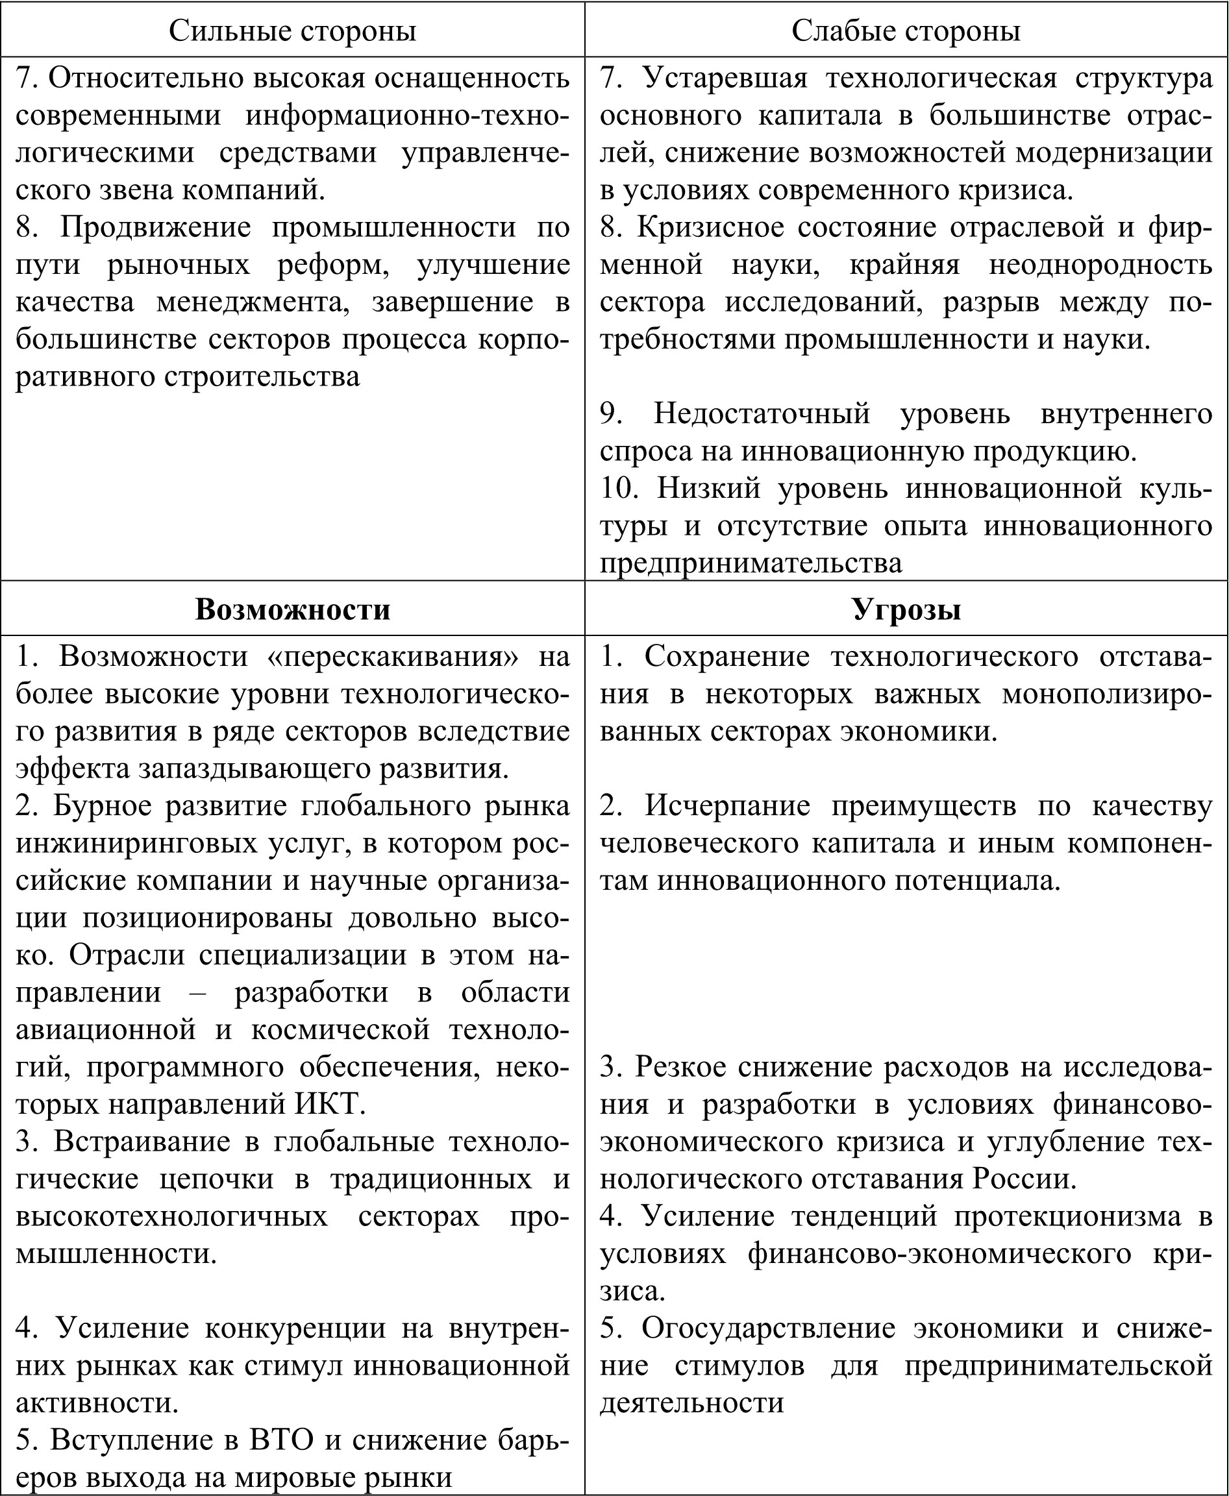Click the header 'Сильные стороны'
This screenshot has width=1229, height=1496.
click(x=292, y=31)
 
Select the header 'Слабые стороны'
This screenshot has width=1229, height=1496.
click(x=906, y=31)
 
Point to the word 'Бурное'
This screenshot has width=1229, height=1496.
click(x=102, y=805)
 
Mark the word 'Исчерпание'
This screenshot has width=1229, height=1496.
click(x=728, y=805)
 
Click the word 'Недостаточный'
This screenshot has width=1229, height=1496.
click(x=762, y=413)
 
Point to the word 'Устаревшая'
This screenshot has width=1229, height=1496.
click(x=726, y=78)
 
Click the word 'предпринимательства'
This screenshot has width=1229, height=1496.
click(x=751, y=563)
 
